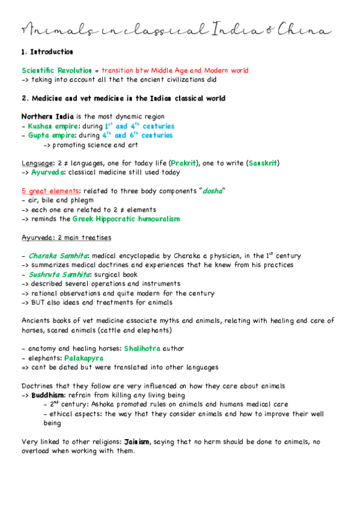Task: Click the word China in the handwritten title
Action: coord(310,29)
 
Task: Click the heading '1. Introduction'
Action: coord(47,52)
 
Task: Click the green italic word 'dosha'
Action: coord(212,191)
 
